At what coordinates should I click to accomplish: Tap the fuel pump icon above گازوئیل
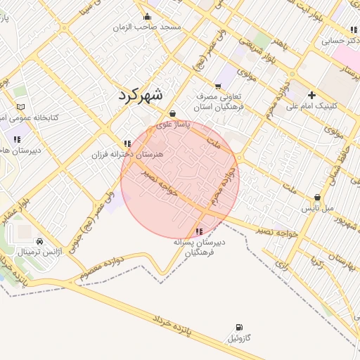click(x=240, y=328)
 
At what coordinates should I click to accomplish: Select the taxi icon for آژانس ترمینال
click(x=39, y=240)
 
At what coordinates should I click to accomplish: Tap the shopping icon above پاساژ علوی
click(x=172, y=113)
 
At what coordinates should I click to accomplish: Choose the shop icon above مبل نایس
click(x=317, y=198)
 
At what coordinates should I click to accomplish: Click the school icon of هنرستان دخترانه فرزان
click(x=127, y=143)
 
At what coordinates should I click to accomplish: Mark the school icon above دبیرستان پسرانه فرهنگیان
click(x=200, y=231)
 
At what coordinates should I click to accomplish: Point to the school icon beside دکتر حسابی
click(x=352, y=30)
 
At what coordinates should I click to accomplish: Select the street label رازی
click(x=282, y=266)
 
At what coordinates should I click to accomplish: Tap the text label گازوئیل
click(x=240, y=339)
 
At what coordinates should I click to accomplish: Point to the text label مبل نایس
click(x=315, y=209)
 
